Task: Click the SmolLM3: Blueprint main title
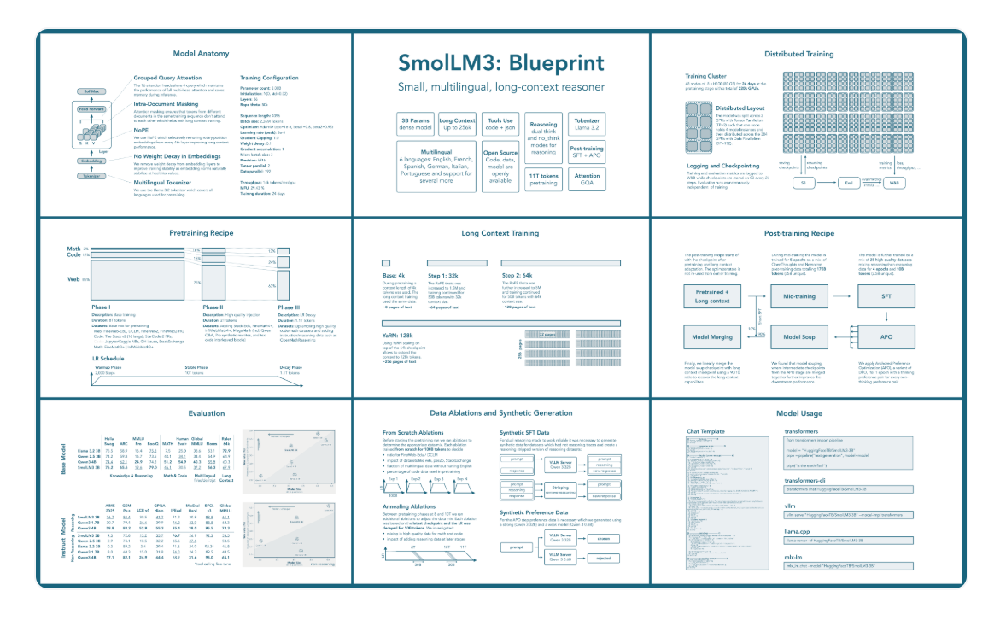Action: (501, 64)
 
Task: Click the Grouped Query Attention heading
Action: (167, 78)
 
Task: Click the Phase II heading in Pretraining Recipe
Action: (213, 306)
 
